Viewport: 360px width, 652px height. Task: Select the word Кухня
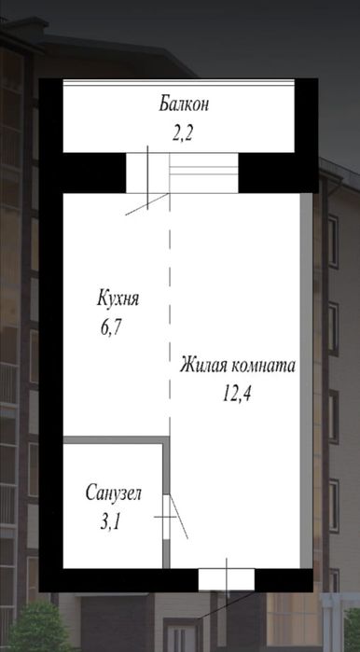coord(118,299)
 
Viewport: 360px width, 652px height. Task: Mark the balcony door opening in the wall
coord(145,173)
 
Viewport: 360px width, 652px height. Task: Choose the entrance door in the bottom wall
coord(226,578)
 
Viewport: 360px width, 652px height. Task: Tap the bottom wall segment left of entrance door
coord(121,578)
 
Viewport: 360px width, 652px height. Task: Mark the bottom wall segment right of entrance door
coord(284,578)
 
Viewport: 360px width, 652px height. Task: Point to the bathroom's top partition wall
coord(112,437)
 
